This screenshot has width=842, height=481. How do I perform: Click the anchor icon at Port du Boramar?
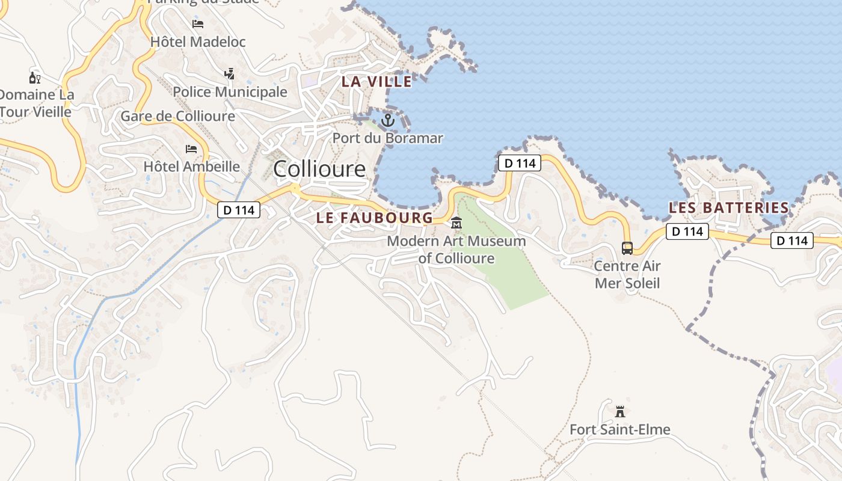[x=388, y=120]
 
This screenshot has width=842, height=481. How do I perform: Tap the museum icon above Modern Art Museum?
[x=456, y=223]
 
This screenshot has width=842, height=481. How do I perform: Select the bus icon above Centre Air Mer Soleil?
[x=627, y=248]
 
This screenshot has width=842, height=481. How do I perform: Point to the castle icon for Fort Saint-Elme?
[x=620, y=412]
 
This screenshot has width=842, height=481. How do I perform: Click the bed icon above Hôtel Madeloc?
[x=198, y=24]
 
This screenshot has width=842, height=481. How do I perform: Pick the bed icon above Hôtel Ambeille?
[x=191, y=149]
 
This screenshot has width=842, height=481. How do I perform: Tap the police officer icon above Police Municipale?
[x=229, y=74]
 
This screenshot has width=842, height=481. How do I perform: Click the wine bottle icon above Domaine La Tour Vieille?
[x=34, y=78]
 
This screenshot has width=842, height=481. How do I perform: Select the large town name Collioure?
[x=319, y=169]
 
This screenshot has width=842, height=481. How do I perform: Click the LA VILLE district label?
[x=377, y=81]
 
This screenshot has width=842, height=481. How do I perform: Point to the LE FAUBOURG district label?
[x=374, y=218]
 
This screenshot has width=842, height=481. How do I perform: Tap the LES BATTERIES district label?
[x=729, y=208]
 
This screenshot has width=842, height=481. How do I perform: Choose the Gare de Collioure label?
[x=178, y=116]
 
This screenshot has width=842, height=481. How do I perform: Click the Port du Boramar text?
[x=388, y=138]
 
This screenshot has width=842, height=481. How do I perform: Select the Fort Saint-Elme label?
[x=620, y=429]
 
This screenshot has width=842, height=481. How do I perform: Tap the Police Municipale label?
[x=230, y=92]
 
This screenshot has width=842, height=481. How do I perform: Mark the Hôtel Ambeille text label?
[x=192, y=166]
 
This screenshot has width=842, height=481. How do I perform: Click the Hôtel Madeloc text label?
[x=198, y=42]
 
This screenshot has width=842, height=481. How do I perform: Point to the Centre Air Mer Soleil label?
[x=627, y=274]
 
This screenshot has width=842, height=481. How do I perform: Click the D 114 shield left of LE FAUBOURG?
[x=239, y=210]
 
